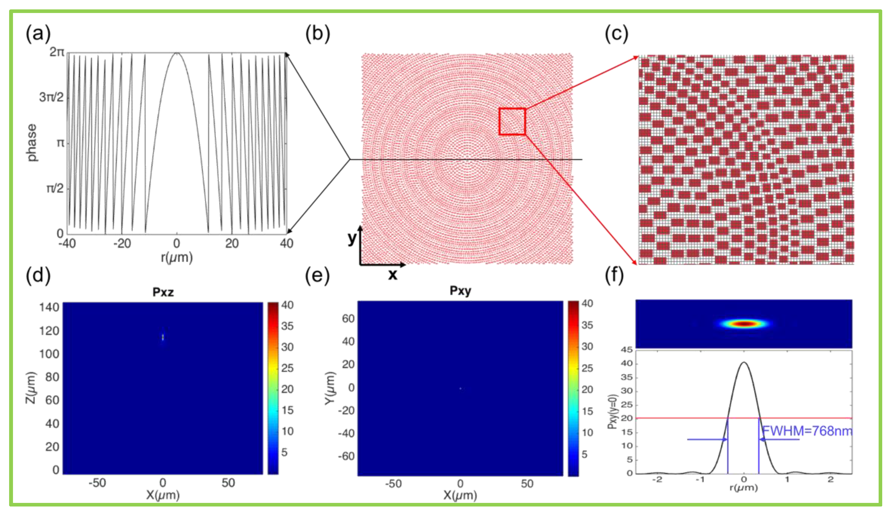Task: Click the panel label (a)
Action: click(x=38, y=34)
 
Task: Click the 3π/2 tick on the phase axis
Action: click(x=51, y=97)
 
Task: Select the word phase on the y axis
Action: click(x=32, y=143)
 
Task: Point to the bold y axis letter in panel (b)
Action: click(x=352, y=238)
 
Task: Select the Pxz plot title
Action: click(x=163, y=292)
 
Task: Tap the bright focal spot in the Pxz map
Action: click(x=163, y=337)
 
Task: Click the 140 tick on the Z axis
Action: click(x=49, y=307)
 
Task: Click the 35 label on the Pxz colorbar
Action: click(x=287, y=326)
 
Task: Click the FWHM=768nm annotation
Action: click(x=807, y=431)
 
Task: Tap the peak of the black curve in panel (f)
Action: click(x=744, y=362)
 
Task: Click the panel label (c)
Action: click(x=616, y=34)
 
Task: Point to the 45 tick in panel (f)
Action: click(x=627, y=350)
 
